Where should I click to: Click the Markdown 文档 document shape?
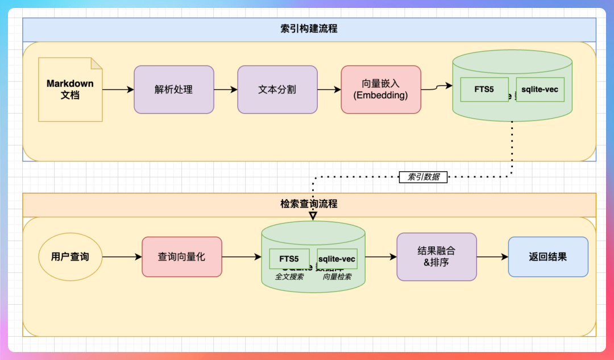tap(70, 89)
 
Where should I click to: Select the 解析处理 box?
tap(174, 89)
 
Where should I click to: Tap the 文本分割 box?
tap(277, 89)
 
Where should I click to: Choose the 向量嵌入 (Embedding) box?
tap(381, 89)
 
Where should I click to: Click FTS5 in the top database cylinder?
tap(484, 89)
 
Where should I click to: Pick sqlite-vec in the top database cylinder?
tap(540, 89)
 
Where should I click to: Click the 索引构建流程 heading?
tap(309, 28)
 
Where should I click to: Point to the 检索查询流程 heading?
tap(309, 204)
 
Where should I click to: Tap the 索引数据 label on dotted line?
tap(424, 177)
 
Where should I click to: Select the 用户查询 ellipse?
tap(70, 257)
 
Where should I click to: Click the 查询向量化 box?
tap(181, 257)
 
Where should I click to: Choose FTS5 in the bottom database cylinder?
tap(289, 259)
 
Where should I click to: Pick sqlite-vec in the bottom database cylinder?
tap(337, 259)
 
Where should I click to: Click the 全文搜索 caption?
tap(290, 277)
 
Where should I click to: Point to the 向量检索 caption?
tap(337, 277)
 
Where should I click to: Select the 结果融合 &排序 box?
tap(436, 256)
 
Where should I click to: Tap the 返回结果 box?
tap(547, 256)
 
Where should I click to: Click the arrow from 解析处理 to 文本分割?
tap(225, 89)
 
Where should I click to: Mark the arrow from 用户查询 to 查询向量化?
tap(122, 257)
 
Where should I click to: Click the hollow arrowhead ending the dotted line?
tap(313, 216)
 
